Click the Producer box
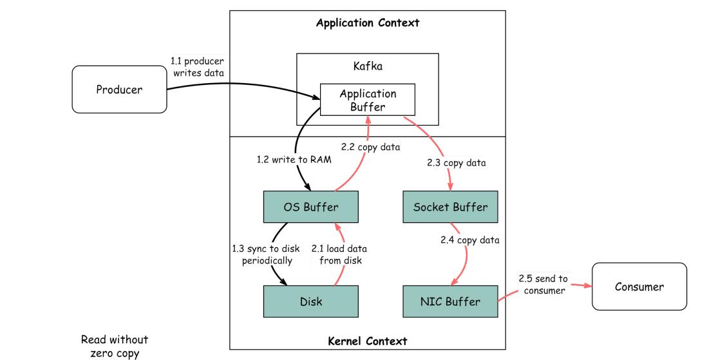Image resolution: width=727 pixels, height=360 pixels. tap(119, 90)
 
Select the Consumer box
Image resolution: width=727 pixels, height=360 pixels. tap(639, 287)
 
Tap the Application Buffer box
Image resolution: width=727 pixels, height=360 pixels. tap(368, 100)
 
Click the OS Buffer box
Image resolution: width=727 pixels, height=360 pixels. tap(310, 207)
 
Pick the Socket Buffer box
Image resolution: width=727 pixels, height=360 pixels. tap(450, 207)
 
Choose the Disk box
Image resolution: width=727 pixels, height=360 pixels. tap(310, 301)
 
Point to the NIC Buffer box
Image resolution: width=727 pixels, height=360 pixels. tap(450, 301)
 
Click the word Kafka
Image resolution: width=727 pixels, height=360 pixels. tap(367, 67)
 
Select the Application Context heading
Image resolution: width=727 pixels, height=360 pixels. tap(368, 23)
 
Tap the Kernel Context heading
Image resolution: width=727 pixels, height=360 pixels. tap(368, 341)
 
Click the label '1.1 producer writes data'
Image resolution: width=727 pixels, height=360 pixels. tap(197, 67)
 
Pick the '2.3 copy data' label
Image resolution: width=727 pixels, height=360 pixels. tap(456, 163)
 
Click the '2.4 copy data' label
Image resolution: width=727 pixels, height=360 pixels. tap(470, 240)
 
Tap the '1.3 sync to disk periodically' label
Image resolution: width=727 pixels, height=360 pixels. tap(262, 254)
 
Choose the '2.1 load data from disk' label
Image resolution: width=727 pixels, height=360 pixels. tap(339, 254)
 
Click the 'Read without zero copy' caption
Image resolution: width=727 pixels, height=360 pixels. tap(114, 345)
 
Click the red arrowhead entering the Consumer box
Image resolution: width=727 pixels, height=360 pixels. tap(587, 286)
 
